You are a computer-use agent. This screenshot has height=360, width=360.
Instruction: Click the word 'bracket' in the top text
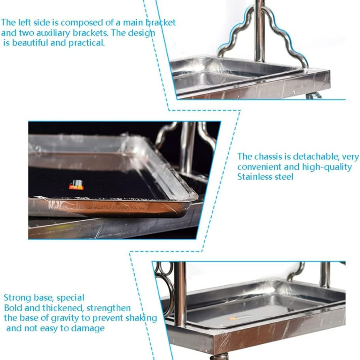click(161, 22)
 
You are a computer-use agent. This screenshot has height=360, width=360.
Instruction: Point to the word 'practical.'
click(86, 43)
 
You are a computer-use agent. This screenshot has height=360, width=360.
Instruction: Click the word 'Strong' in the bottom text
click(17, 298)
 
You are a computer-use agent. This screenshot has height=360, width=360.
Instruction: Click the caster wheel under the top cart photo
click(314, 96)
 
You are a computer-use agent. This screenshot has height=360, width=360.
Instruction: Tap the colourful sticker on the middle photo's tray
click(76, 185)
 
